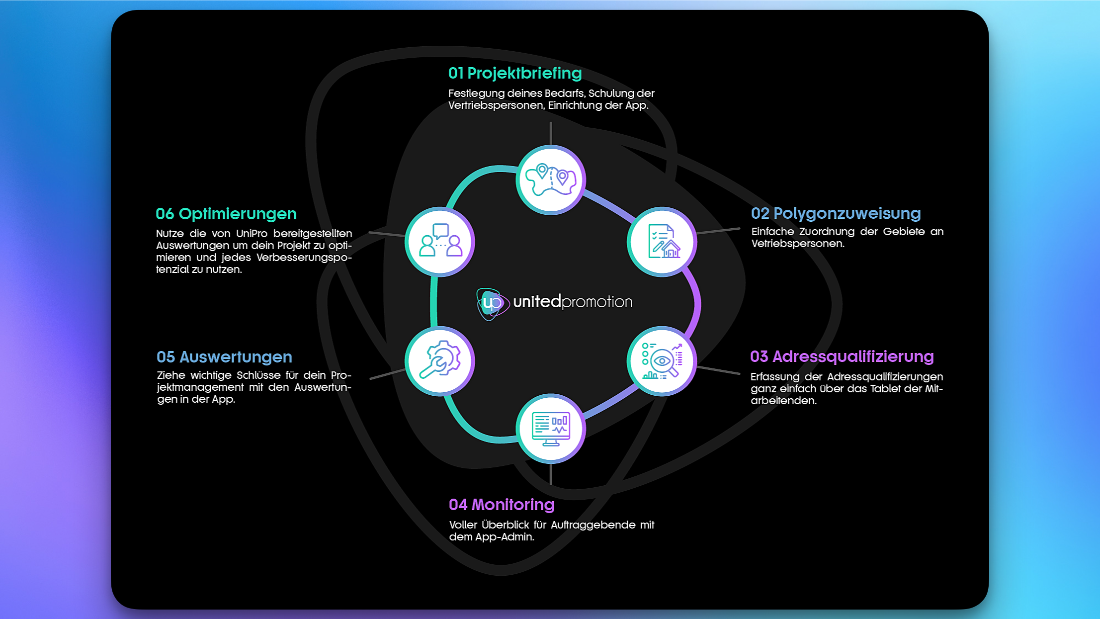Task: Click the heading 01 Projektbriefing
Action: (514, 74)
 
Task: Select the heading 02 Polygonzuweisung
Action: (836, 213)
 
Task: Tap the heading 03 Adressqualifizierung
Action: (842, 356)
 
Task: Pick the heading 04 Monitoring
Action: (501, 505)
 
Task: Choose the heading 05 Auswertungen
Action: (224, 357)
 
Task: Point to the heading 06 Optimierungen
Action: (226, 214)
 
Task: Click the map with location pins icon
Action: (551, 179)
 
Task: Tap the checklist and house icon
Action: (662, 242)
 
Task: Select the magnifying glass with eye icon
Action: (662, 361)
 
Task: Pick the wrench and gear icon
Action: (440, 361)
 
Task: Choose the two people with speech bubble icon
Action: (440, 242)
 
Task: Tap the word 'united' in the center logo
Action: (537, 302)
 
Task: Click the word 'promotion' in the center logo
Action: (597, 302)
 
